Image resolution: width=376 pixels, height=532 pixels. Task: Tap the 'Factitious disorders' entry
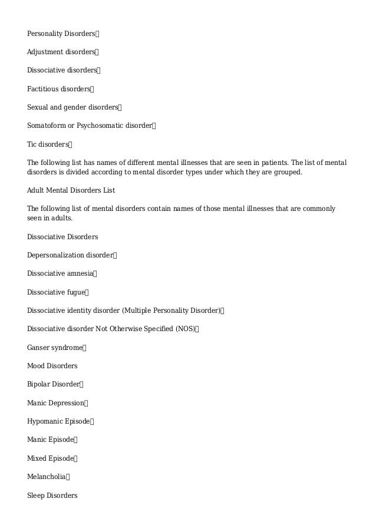pos(58,89)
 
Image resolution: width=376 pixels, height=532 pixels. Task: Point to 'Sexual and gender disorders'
pos(72,107)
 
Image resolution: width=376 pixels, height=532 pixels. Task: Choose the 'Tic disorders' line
pos(48,144)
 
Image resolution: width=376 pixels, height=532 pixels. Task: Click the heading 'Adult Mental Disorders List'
pos(71,190)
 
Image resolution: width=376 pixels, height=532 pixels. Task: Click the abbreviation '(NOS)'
pos(184,329)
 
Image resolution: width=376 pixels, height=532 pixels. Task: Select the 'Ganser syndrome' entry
pos(55,348)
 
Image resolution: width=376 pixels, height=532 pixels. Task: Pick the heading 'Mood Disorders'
pos(52,366)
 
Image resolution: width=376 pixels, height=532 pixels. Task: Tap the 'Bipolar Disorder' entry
pos(53,384)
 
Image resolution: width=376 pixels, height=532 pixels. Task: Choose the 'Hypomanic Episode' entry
pos(58,421)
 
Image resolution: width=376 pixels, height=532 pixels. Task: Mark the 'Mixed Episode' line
pos(50,458)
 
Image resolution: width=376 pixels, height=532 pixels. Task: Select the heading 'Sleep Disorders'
pos(52,495)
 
